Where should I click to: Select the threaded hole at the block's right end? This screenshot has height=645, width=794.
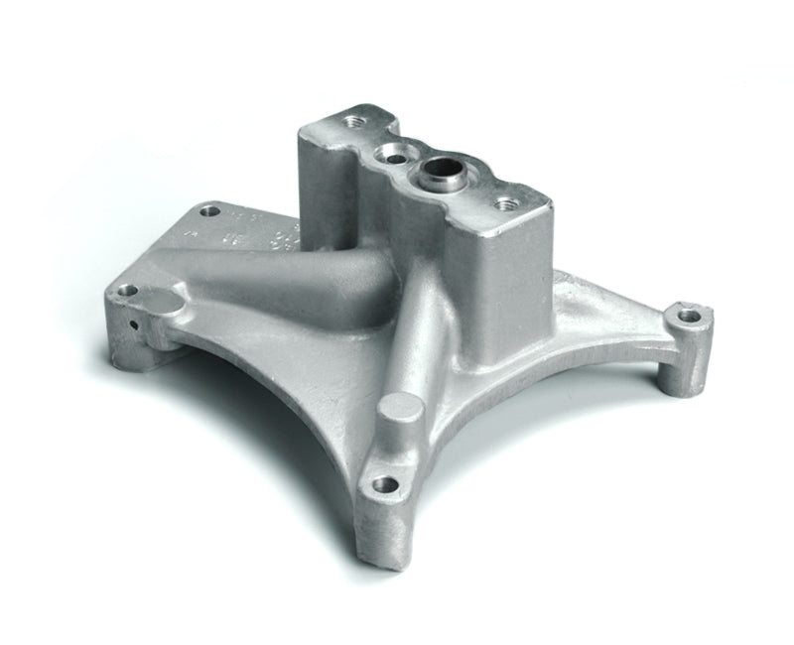tap(506, 204)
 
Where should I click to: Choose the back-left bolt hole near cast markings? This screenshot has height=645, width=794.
tap(208, 210)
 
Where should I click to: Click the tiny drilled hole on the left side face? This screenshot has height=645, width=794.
tap(131, 324)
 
